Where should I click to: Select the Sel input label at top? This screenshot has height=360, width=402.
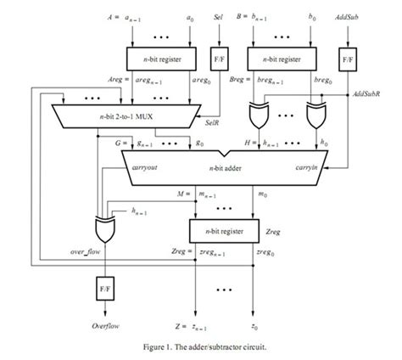pos(218,16)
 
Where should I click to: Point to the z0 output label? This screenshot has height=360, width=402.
pos(254,325)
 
